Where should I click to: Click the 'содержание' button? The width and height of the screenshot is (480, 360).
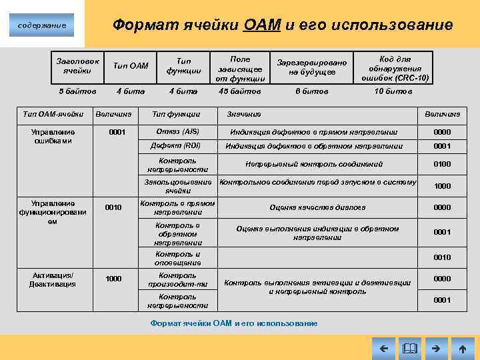pyautogui.click(x=42, y=25)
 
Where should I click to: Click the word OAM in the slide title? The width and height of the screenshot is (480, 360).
pyautogui.click(x=263, y=25)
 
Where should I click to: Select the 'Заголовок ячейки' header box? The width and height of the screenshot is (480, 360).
pyautogui.click(x=77, y=65)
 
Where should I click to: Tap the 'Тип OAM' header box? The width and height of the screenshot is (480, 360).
pyautogui.click(x=131, y=65)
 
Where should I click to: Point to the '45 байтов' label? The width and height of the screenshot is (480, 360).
pyautogui.click(x=240, y=91)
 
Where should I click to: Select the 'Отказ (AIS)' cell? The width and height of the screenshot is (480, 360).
pyautogui.click(x=177, y=131)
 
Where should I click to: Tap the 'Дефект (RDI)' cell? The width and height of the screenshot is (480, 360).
pyautogui.click(x=177, y=146)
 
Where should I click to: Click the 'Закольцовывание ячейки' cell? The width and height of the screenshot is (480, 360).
pyautogui.click(x=178, y=186)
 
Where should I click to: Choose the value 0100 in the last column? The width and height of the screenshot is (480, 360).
pyautogui.click(x=442, y=164)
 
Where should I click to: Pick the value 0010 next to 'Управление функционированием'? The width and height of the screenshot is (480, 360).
pyautogui.click(x=113, y=207)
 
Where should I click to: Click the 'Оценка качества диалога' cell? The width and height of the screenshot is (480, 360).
pyautogui.click(x=317, y=207)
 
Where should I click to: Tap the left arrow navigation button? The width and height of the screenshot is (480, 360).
pyautogui.click(x=383, y=348)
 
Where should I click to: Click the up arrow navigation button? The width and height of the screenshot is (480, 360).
pyautogui.click(x=463, y=348)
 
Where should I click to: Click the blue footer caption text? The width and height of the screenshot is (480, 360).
pyautogui.click(x=234, y=323)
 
